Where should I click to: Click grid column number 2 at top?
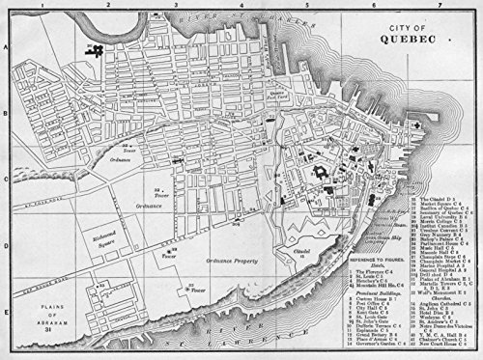point(108,5)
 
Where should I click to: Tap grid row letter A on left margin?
point(5,45)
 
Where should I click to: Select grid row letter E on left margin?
point(5,285)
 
